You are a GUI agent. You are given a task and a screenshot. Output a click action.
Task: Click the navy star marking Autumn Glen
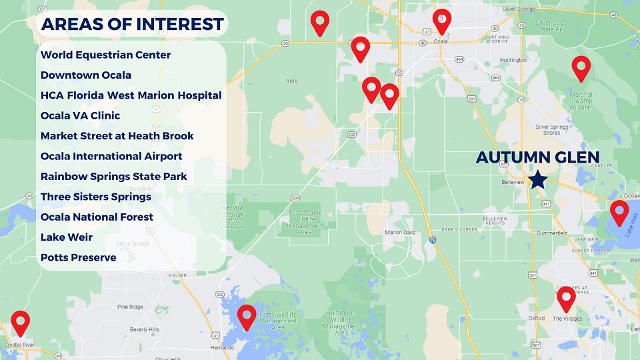click(538, 180)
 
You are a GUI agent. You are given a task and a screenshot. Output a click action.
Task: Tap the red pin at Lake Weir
click(619, 213)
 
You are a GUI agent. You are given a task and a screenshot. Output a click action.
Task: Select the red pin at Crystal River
click(21, 323)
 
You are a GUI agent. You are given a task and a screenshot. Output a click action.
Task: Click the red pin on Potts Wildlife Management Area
click(247, 317)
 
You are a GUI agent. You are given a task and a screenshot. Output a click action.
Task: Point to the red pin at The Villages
click(566, 299)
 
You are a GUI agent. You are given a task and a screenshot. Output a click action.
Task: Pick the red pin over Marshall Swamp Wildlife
click(581, 68)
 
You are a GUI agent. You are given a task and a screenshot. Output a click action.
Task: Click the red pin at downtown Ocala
click(441, 21)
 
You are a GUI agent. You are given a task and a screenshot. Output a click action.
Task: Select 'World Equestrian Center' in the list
click(105, 55)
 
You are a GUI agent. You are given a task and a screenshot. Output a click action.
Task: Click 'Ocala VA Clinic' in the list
click(80, 115)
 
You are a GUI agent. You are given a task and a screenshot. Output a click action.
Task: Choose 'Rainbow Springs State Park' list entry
click(113, 177)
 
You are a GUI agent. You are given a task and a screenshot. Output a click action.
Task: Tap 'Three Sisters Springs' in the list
click(95, 197)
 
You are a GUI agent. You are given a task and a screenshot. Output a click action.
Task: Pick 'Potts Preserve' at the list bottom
click(78, 257)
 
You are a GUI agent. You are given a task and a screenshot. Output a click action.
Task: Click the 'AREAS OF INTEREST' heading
click(132, 25)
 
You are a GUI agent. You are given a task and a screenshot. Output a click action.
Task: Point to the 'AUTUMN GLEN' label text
click(537, 157)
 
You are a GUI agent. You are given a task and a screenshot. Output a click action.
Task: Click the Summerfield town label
click(552, 233)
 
